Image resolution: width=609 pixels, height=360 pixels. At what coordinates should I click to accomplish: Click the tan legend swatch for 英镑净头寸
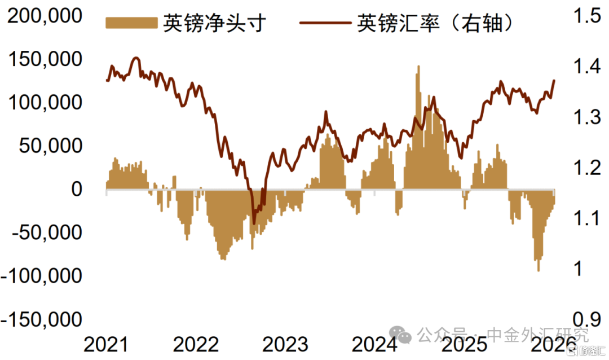point(131,23)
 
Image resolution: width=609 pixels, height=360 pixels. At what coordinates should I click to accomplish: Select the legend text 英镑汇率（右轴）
point(436,23)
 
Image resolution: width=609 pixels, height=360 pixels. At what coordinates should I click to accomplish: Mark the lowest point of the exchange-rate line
point(254,223)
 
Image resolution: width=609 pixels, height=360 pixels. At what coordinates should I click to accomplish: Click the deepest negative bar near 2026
point(539,270)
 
